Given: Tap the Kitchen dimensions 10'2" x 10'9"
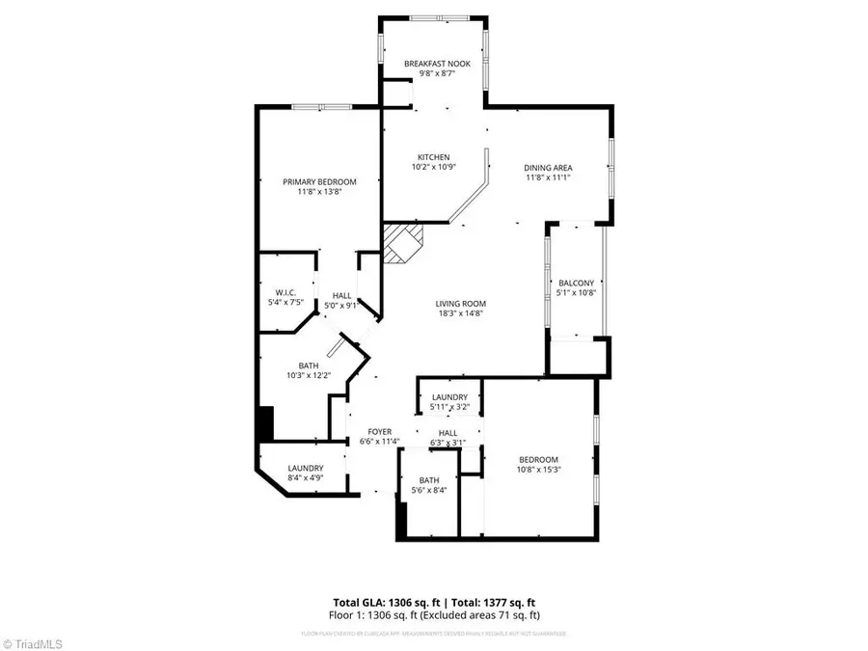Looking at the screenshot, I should coord(433,167).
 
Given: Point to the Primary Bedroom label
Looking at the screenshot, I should coord(319,181).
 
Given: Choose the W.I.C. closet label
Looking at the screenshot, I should coord(285,292).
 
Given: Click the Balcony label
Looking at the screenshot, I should coord(574,283).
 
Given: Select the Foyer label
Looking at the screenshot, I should coord(378,432).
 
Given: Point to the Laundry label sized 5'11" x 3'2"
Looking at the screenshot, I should coord(449,396).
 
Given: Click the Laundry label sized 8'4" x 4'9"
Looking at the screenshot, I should coord(306,468).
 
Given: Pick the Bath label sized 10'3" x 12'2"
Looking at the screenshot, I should coord(309,366).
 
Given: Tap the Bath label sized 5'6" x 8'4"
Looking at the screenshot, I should coord(429,480).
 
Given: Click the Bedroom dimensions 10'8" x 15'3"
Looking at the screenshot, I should coord(539,470).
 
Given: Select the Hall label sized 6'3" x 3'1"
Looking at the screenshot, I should coord(448,432).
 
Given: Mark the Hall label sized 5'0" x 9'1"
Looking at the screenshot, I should coord(342,295).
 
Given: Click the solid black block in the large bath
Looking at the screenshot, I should coord(265,424).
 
